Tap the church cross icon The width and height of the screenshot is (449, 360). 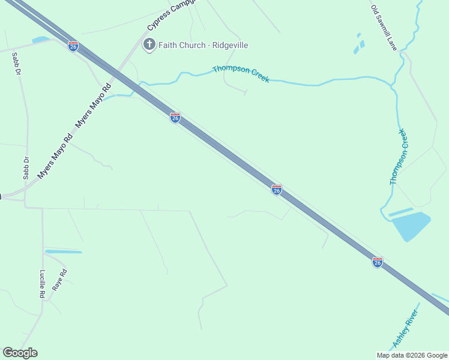149,44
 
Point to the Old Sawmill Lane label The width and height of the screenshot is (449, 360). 384,28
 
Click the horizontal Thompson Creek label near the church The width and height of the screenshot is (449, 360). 241,73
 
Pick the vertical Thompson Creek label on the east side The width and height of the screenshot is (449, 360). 399,157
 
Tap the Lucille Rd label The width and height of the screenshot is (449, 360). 43,284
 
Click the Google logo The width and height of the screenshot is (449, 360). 20,353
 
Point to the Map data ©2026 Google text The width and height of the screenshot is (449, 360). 412,355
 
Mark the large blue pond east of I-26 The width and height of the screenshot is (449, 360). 411,225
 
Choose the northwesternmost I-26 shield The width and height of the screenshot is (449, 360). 73,46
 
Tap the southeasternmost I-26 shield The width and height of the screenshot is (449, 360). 377,262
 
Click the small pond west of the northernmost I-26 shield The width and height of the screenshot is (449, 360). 41,40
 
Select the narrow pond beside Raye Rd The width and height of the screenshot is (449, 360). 63,251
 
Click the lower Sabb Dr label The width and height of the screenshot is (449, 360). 26,168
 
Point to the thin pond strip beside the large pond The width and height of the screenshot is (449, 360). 400,212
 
